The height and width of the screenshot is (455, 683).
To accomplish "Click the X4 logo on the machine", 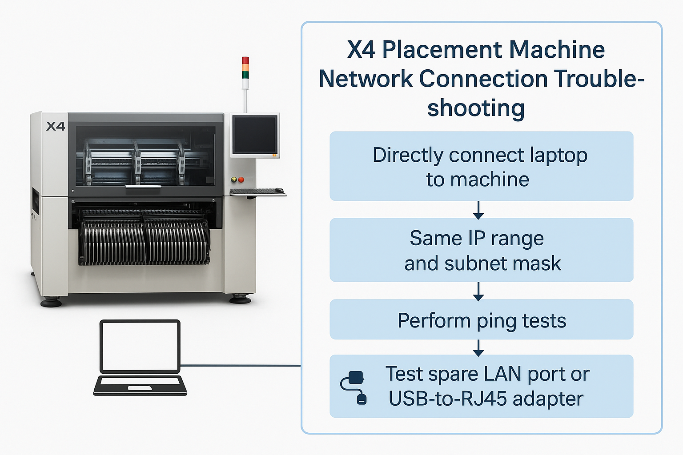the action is [x=56, y=126].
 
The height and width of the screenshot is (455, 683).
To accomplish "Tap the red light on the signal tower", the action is [x=245, y=60].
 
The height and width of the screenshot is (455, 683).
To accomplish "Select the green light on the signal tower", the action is [x=245, y=75].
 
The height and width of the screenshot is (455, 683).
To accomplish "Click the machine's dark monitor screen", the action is [x=255, y=134].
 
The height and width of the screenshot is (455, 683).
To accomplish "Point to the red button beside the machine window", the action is [x=241, y=180].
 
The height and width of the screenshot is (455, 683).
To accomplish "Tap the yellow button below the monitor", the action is [x=234, y=180].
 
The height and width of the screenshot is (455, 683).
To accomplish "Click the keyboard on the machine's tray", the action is [x=253, y=191].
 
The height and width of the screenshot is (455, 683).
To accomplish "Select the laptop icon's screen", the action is [x=140, y=346].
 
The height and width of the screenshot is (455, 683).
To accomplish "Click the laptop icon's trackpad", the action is [x=140, y=387].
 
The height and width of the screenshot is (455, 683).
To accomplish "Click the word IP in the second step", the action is [x=477, y=238].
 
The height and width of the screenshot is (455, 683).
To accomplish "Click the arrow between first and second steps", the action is [x=478, y=210].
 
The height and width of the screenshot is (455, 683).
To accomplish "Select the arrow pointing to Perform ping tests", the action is [x=478, y=291].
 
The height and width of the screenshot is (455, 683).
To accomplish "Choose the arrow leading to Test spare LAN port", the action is [x=478, y=348].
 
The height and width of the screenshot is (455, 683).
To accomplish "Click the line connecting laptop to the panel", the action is [x=241, y=365].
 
